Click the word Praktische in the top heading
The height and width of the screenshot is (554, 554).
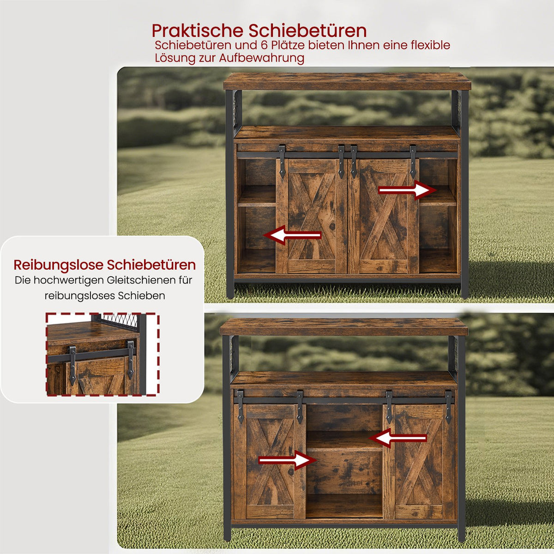[197, 31]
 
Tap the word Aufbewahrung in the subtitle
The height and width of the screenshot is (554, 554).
[261, 58]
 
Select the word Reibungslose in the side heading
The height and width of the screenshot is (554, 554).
[58, 265]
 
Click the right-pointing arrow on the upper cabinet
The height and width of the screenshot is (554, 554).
[407, 190]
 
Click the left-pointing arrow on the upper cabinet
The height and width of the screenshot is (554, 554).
[292, 235]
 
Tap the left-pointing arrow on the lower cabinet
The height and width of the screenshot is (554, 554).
[397, 438]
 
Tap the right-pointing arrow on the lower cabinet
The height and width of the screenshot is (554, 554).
[287, 460]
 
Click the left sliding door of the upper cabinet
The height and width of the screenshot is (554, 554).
[312, 216]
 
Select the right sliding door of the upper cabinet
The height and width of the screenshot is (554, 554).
[383, 216]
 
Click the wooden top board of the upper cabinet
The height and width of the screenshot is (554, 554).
[347, 82]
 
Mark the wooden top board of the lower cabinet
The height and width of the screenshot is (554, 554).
[344, 327]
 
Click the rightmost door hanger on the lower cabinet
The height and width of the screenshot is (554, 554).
[448, 407]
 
